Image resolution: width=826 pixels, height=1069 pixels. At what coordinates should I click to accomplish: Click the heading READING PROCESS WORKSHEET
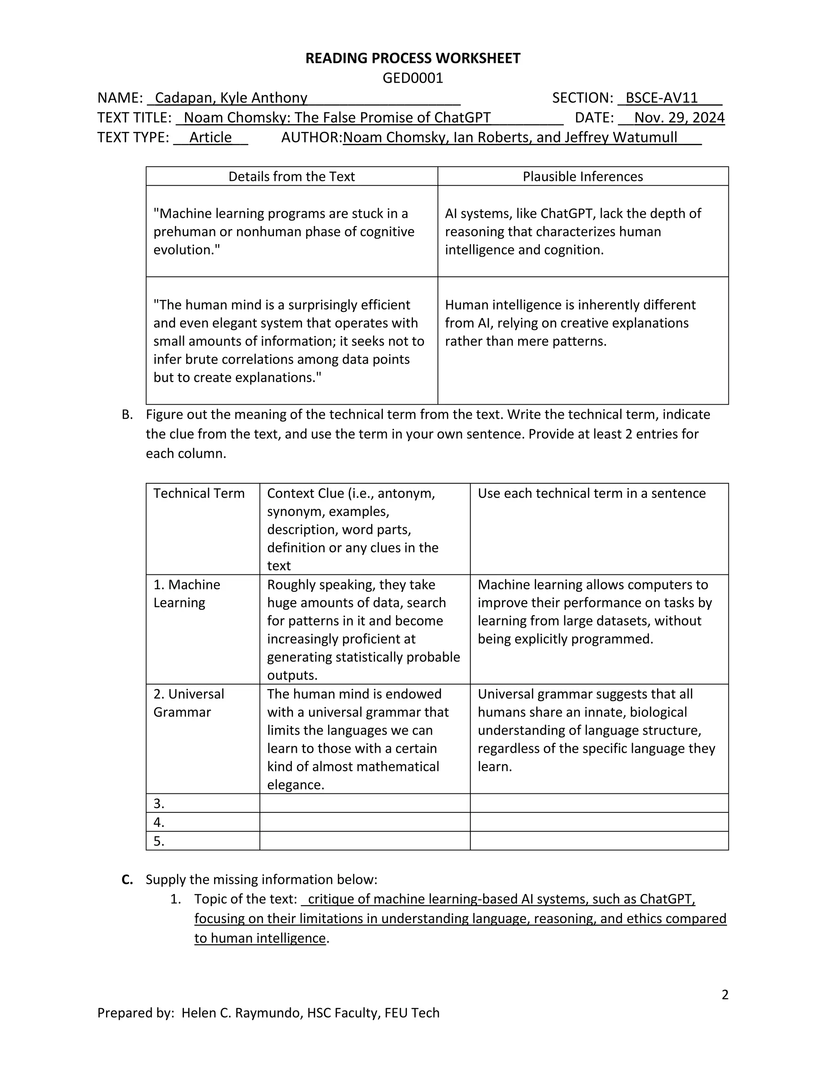(x=413, y=58)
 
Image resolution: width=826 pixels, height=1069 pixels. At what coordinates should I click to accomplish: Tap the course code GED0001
(x=413, y=78)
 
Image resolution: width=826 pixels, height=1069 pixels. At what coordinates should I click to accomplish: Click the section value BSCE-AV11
(x=661, y=98)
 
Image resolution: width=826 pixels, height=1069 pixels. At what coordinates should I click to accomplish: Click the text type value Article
(x=211, y=137)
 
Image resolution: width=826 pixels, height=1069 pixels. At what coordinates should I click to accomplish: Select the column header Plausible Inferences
(x=582, y=176)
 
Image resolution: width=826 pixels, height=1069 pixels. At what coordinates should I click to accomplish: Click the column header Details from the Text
(x=292, y=176)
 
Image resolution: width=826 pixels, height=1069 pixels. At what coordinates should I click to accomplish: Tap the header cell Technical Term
(x=199, y=493)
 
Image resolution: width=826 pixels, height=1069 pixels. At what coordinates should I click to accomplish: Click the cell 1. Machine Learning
(x=186, y=593)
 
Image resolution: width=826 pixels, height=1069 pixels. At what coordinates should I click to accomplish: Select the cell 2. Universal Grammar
(x=188, y=703)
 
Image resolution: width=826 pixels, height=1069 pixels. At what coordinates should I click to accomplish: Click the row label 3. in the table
(x=159, y=803)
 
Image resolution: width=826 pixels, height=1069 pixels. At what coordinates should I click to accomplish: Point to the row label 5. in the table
(x=159, y=841)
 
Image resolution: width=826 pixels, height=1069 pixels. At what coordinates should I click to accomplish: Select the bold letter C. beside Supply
(x=127, y=879)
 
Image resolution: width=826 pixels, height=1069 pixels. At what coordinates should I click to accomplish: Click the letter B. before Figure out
(x=127, y=415)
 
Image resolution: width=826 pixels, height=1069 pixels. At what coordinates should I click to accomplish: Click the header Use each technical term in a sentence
(x=591, y=493)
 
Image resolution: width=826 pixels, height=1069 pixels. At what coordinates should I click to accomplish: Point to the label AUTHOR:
(x=311, y=137)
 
